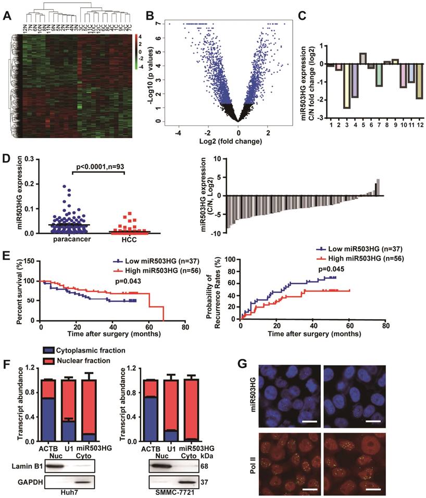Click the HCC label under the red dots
tap(124, 241)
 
